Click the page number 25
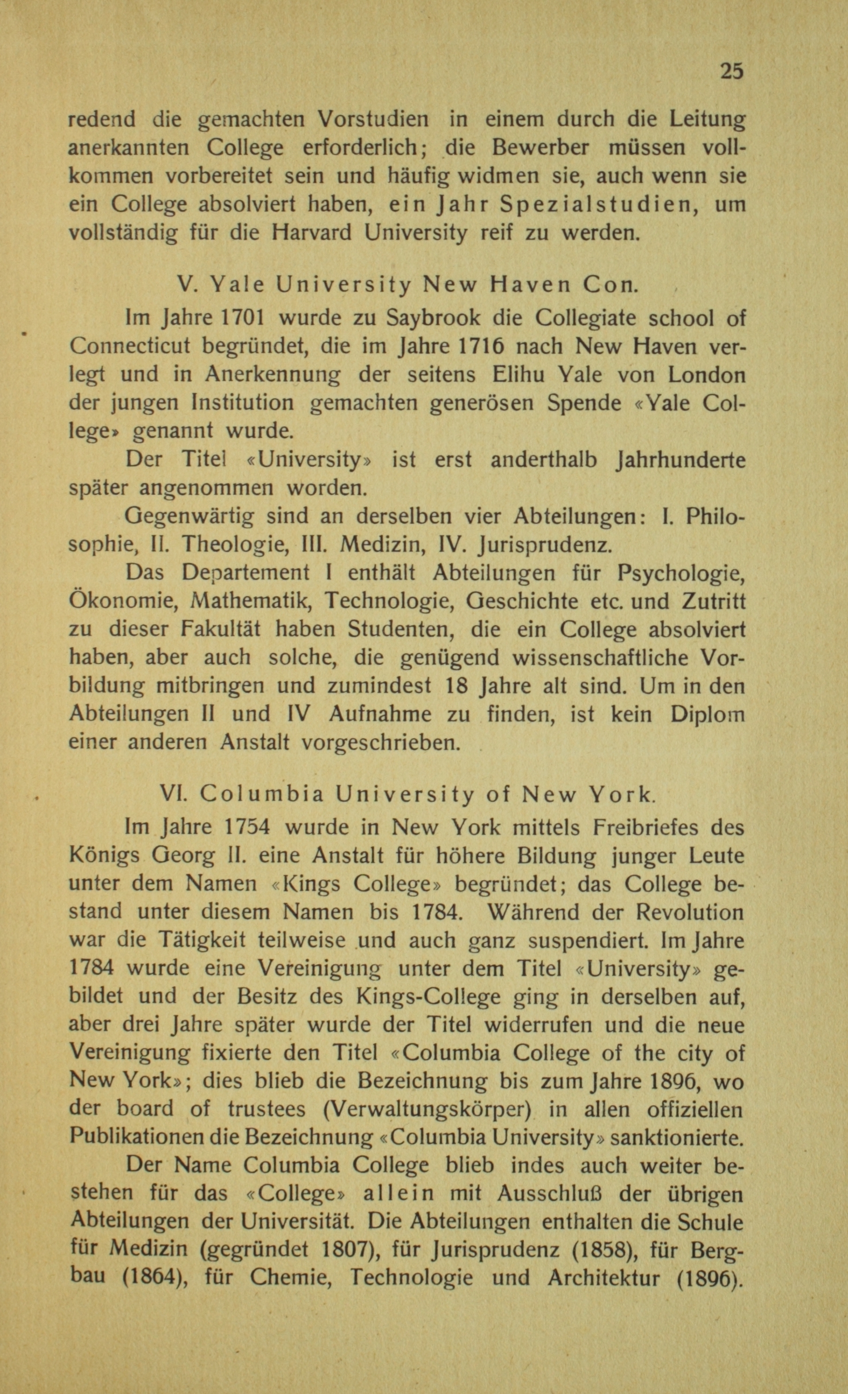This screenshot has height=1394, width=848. pos(732,71)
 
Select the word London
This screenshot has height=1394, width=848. pos(706,375)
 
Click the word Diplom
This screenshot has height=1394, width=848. pos(707,714)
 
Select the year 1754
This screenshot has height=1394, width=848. pos(247,828)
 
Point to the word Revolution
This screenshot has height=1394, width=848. pos(690,912)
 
